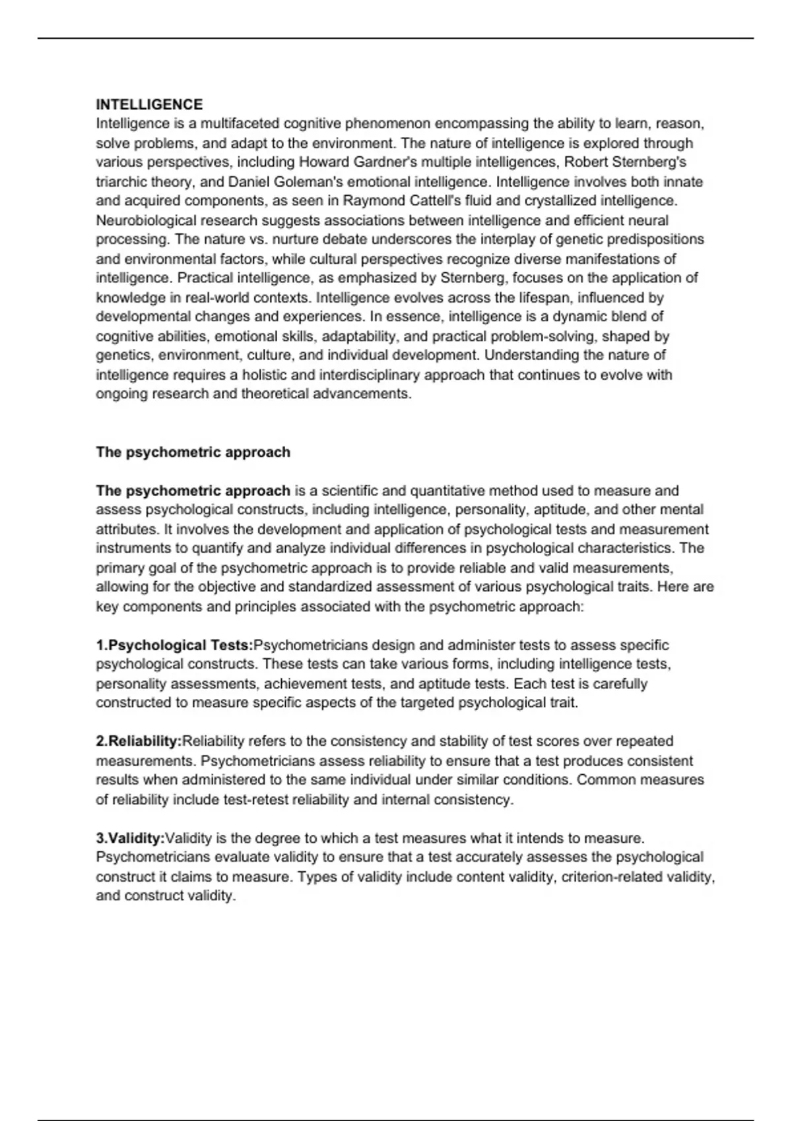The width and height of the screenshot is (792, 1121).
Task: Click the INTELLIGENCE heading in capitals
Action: pos(149,104)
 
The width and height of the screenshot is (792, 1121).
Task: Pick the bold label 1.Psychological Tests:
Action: pos(174,645)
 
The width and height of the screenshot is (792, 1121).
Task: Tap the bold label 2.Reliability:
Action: pos(139,741)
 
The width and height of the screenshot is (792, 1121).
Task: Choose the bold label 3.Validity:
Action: pos(130,838)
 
